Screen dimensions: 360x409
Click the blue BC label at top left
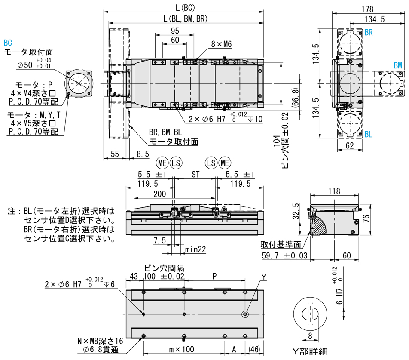7,43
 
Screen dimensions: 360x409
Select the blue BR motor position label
369,33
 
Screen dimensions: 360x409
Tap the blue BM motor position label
398,65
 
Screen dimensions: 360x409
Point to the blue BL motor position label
369,135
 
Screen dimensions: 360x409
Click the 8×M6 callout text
222,44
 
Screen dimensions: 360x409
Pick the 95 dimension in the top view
175,31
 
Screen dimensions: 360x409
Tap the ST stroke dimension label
195,174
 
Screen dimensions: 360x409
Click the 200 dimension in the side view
159,194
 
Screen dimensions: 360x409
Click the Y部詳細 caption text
309,351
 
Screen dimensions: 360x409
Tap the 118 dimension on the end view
334,191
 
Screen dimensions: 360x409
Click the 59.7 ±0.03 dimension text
286,256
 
